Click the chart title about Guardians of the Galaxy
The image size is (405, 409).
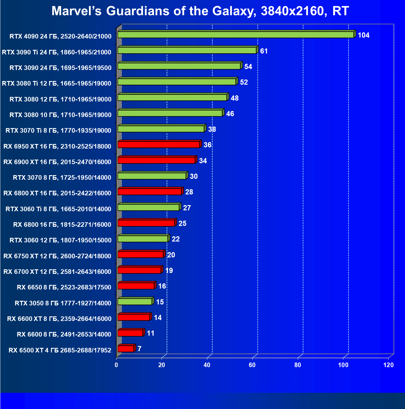[200, 11]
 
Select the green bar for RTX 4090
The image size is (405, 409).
[235, 35]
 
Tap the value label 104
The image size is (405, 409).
[363, 35]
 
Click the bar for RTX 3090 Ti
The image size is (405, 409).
[187, 50]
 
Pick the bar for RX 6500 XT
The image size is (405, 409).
[126, 348]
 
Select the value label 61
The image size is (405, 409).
[264, 51]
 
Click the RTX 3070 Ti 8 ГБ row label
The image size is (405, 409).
[58, 131]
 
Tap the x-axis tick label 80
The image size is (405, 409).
[297, 365]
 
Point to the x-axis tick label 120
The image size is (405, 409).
[388, 365]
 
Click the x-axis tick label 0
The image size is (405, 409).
[116, 365]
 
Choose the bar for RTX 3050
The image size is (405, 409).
[134, 301]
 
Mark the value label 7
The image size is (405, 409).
[139, 349]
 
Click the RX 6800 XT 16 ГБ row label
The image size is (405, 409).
[57, 193]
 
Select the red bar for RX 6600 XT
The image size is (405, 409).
[134, 317]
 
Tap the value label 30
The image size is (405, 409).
[193, 176]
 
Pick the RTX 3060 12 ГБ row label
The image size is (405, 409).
[61, 240]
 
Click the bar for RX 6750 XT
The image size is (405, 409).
[140, 254]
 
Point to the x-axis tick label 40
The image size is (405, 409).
[207, 365]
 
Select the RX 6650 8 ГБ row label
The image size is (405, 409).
[64, 287]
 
